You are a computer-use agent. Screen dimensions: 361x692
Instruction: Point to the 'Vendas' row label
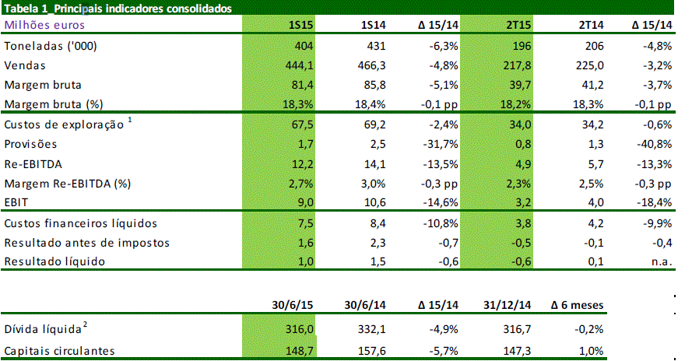point(26,65)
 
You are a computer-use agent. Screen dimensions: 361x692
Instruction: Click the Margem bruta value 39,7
point(518,85)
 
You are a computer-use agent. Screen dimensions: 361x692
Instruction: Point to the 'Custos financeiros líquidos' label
point(81,224)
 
